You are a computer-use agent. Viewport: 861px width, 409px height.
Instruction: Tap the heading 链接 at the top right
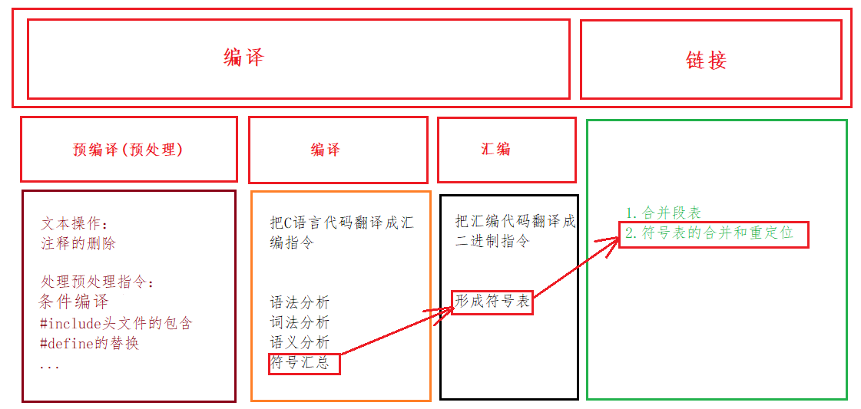coord(706,61)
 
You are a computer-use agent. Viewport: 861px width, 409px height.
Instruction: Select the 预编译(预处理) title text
coord(127,150)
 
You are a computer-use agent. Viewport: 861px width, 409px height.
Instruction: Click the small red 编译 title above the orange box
coord(325,150)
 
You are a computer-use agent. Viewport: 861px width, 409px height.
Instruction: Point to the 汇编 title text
coord(495,149)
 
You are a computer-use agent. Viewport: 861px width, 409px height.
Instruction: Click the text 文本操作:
coord(75,224)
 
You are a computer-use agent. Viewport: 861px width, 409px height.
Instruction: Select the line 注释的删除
coord(78,243)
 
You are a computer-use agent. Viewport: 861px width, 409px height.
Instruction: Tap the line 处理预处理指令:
coord(98,282)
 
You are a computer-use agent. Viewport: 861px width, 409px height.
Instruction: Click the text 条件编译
coord(74,302)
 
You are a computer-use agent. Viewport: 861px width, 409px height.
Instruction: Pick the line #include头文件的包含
coord(115,323)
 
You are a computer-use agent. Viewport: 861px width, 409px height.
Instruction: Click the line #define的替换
coord(89,343)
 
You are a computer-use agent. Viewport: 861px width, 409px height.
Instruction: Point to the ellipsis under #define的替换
coord(49,366)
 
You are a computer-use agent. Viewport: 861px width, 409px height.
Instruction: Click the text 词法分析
coord(300,322)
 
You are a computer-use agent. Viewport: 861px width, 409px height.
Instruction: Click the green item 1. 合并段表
coord(663,213)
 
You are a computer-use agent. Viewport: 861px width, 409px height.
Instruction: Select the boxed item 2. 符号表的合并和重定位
coord(714,233)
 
